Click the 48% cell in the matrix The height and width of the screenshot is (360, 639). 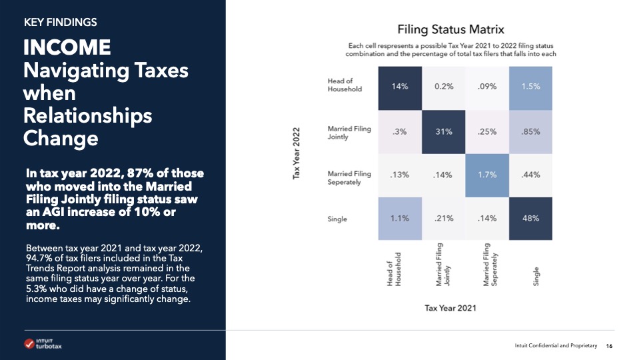pos(532,218)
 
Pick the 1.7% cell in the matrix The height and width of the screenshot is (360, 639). pos(488,175)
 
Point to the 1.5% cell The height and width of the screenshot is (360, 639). pos(532,86)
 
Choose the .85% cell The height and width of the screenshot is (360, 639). pos(532,130)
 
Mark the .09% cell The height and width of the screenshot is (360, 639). pos(488,86)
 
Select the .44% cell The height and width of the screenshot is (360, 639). pos(532,175)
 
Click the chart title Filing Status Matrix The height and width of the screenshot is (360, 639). pos(450,29)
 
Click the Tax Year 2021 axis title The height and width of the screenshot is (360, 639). pos(450,308)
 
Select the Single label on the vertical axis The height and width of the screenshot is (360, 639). pos(338,219)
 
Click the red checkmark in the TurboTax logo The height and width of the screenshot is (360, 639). pos(29,344)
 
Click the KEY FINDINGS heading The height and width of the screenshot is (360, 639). pos(60,22)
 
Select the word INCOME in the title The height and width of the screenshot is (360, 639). pos(67,47)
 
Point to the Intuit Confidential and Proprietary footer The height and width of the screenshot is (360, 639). pos(556,345)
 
